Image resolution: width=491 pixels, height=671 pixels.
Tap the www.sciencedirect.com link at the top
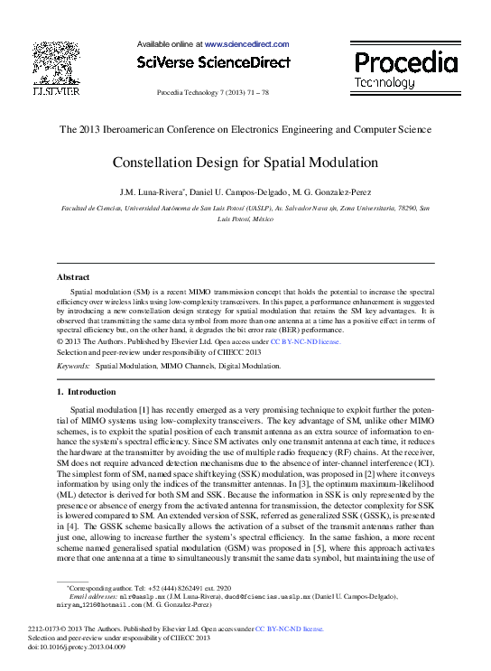pos(246,43)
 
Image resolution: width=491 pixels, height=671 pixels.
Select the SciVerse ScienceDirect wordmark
pos(213,62)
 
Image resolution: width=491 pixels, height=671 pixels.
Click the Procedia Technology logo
pos(404,70)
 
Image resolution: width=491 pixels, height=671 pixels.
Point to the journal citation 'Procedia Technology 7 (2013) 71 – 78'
pos(213,93)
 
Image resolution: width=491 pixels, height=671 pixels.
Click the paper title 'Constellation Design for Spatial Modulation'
pos(245,163)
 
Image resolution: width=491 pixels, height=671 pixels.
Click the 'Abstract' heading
pos(73,277)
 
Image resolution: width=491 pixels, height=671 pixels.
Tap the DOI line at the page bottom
pos(65,648)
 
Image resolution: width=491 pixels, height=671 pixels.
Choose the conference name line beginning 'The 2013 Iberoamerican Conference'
pos(245,129)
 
